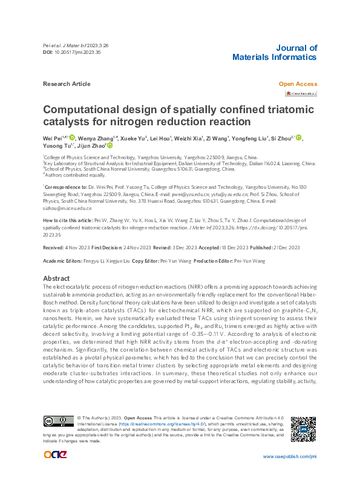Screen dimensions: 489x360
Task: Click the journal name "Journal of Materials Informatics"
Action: point(274,53)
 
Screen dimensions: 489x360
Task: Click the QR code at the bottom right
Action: point(303,429)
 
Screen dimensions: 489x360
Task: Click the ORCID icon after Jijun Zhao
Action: point(110,146)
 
